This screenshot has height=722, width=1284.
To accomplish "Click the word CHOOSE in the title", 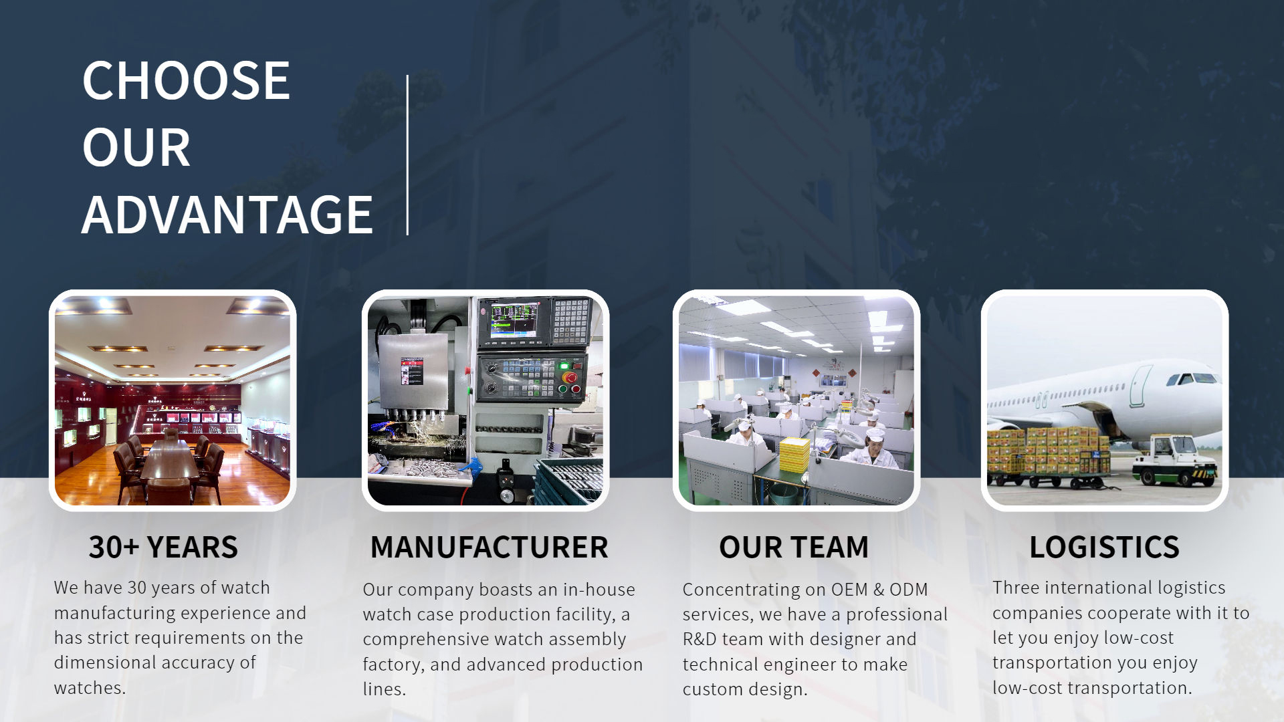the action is (x=186, y=80).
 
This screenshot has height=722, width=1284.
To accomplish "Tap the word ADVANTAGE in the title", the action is (x=227, y=215).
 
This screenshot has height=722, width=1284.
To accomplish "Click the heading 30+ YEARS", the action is (x=163, y=547).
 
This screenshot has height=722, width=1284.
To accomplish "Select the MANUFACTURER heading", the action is (x=489, y=547).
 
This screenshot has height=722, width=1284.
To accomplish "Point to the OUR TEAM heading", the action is (x=794, y=547).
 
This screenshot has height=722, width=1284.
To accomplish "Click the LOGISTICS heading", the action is (x=1104, y=547).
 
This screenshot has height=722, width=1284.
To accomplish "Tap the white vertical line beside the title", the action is (x=407, y=155).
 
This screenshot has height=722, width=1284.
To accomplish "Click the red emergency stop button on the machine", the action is (x=570, y=378).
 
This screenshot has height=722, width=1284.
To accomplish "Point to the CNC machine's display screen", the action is (x=514, y=320).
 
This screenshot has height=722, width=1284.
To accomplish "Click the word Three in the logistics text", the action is (x=1016, y=588).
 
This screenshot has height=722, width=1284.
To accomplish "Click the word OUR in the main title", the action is (x=136, y=148).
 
